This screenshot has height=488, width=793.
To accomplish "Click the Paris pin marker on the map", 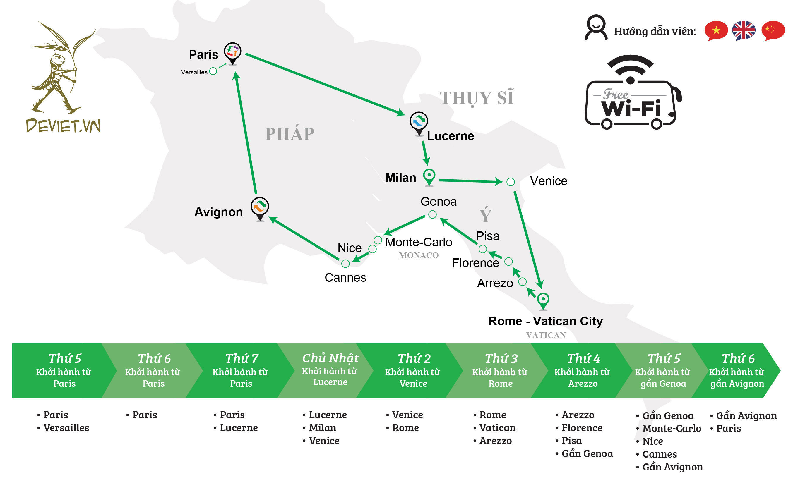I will coord(232,52).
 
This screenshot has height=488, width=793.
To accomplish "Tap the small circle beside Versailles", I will coord(213,71).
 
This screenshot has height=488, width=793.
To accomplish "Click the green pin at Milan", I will coord(429,176).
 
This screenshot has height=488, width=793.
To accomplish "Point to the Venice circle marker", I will coord(510,182).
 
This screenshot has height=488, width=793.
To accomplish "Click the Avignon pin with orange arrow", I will coord(260,207).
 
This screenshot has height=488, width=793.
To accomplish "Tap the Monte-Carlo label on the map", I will coord(419,242).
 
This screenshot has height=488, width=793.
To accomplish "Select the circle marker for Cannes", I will coord(345,263).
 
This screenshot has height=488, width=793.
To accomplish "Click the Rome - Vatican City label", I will coord(545,321).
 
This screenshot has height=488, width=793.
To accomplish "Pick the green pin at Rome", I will coord(543,300).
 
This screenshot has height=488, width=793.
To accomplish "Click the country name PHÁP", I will coord(289,134).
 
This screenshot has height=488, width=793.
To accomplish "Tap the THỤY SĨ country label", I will coord(476,97).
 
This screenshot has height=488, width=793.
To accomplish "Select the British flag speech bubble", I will coord(743,30).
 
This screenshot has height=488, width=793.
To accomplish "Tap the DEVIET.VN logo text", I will coord(63,126).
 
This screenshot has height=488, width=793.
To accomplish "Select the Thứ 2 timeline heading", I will coord(414,358).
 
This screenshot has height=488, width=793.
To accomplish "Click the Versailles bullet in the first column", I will coord(66,428).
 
